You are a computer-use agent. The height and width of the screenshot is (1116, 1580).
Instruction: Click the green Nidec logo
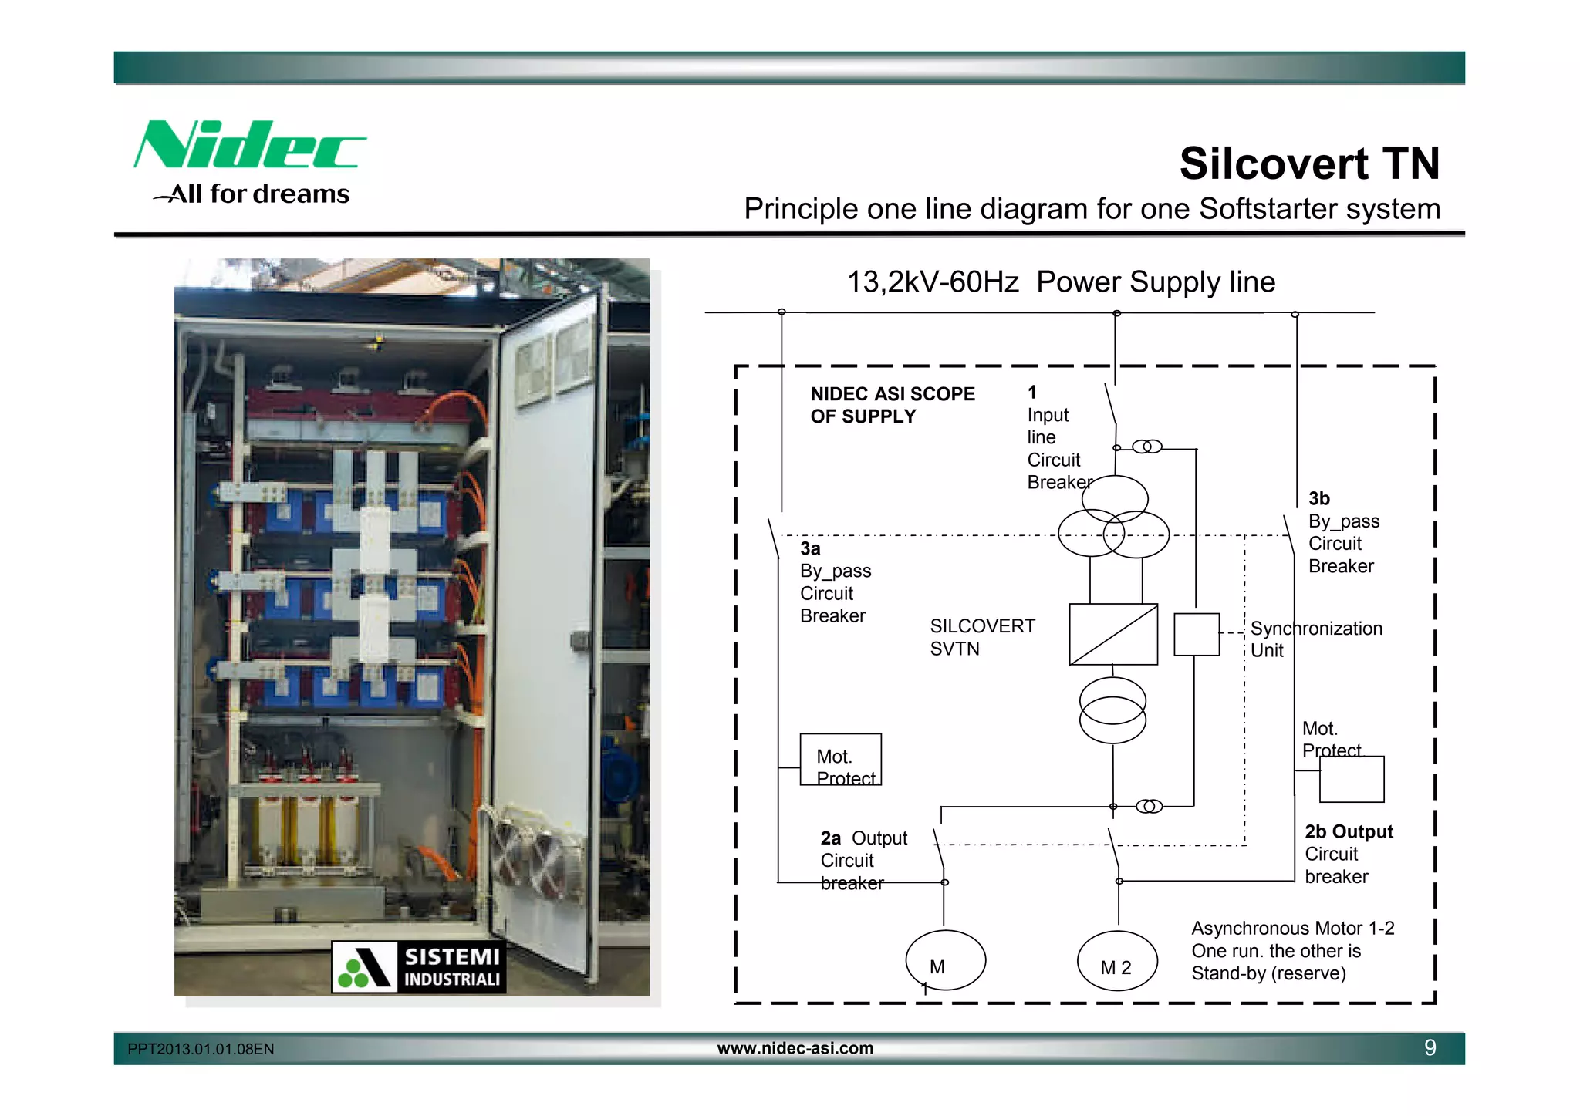point(248,144)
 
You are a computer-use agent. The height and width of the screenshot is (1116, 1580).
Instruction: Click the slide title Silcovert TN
point(1309,164)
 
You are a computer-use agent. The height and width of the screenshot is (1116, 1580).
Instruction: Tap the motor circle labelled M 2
point(1117,962)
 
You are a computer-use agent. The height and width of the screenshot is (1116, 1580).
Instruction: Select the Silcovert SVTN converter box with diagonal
point(1113,634)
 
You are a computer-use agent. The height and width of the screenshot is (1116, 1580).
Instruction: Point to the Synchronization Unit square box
point(1196,634)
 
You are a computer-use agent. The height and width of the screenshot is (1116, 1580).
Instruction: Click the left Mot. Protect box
point(840,760)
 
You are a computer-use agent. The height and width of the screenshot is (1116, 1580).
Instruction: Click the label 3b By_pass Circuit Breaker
point(1342,532)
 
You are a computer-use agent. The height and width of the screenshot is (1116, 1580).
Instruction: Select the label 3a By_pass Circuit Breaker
point(835,582)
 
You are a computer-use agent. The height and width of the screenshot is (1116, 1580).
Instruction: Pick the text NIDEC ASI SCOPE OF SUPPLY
point(893,405)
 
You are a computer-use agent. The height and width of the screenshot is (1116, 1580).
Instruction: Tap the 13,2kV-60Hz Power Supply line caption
point(1061,282)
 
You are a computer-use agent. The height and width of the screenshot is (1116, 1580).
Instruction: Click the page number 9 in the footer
point(1430,1047)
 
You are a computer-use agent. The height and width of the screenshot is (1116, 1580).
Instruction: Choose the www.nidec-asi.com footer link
point(795,1048)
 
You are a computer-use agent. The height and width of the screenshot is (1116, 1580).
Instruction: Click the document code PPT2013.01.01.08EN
point(201,1049)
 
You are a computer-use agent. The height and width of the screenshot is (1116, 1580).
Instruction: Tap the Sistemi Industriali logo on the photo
point(419,966)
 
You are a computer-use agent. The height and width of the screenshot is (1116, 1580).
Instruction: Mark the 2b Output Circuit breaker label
point(1348,854)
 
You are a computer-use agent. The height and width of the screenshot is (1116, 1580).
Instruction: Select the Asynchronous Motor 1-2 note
point(1292,950)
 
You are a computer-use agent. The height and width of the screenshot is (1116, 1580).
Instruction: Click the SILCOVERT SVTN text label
point(981,637)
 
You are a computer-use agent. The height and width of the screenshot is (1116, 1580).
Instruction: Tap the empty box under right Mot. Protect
point(1352,780)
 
